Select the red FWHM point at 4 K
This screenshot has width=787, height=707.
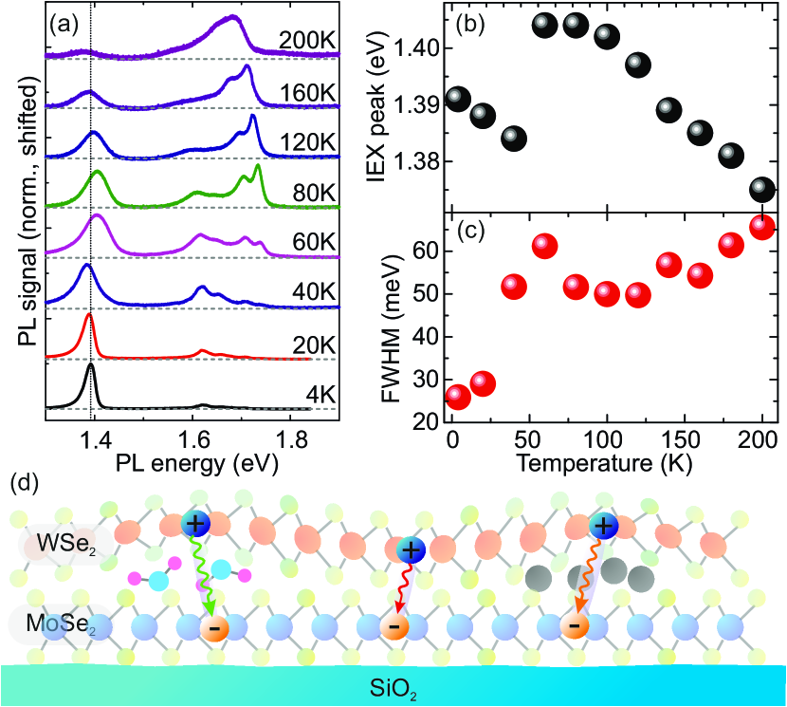coord(458,397)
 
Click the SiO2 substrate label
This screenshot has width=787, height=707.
coord(393,686)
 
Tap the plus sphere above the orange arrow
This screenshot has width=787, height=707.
coord(601,525)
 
